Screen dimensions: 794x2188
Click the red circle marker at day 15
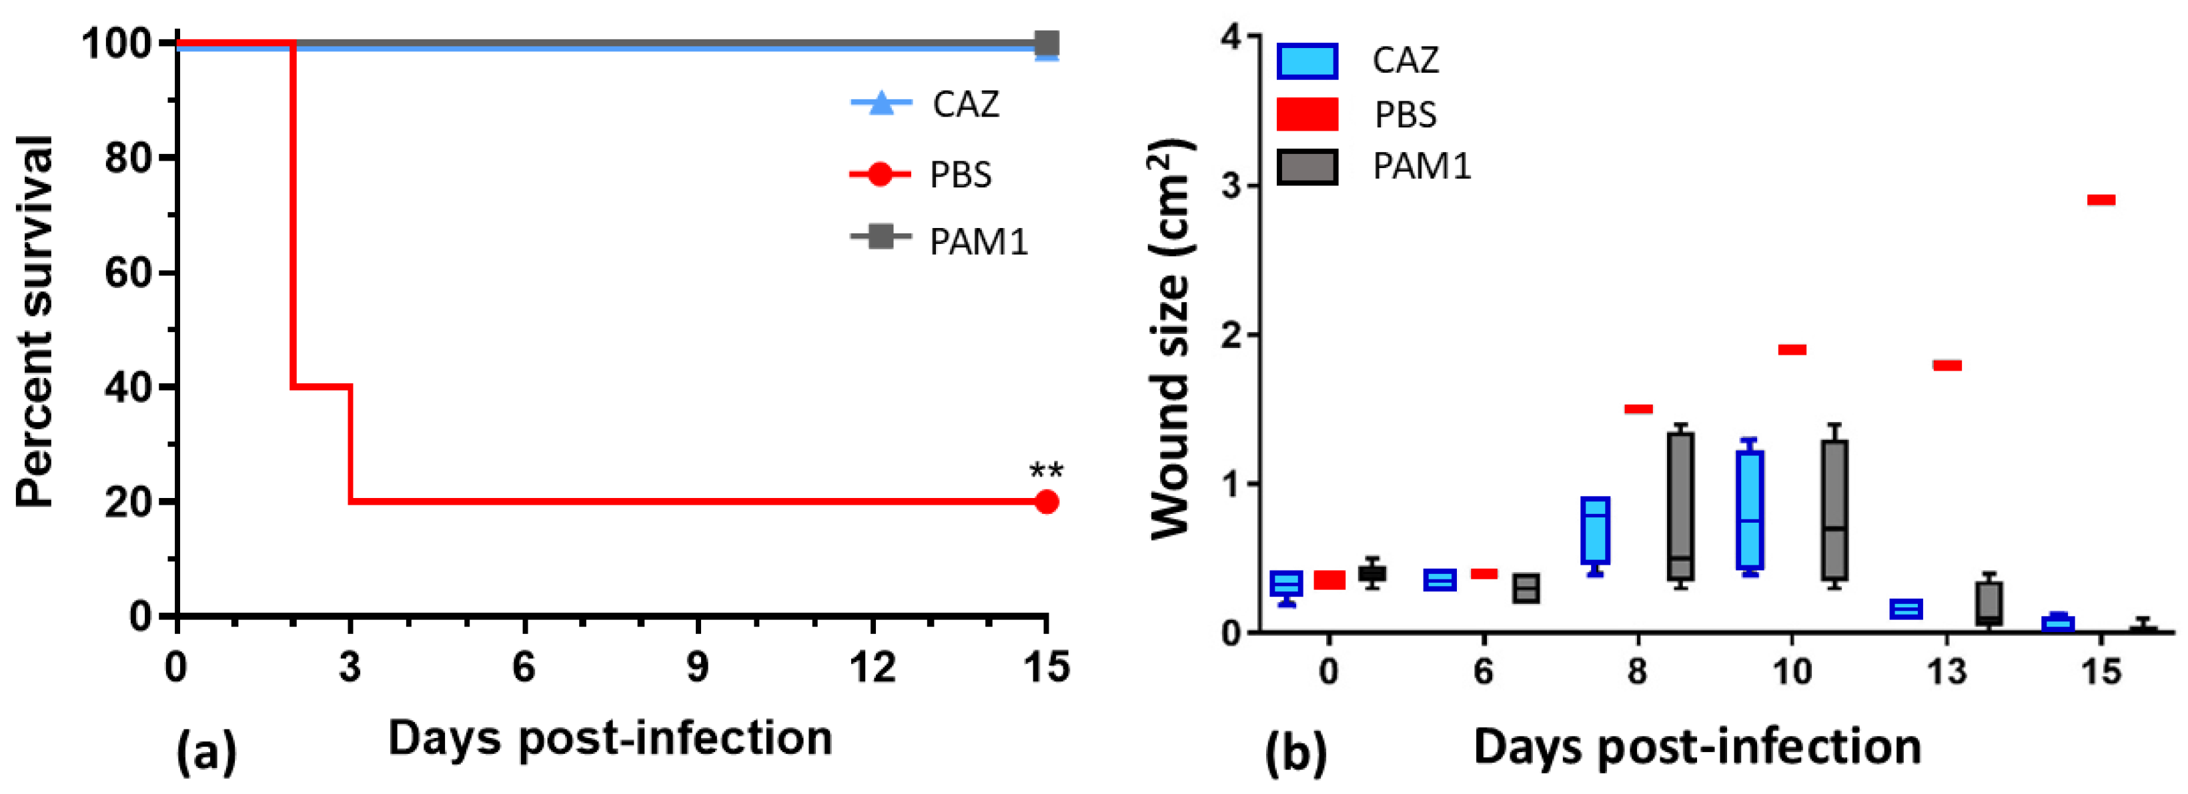[1047, 502]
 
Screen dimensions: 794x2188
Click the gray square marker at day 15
[1047, 43]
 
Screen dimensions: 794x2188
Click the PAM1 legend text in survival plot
[979, 242]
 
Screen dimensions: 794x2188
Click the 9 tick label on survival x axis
[697, 667]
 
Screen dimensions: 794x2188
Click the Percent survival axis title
[35, 323]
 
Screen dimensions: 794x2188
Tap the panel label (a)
[206, 751]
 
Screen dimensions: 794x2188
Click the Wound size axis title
[1171, 340]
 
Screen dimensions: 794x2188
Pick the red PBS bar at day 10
[1792, 350]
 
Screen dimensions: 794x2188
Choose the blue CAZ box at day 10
[1750, 509]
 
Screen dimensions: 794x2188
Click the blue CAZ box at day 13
[1906, 609]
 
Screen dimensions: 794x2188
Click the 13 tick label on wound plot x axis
[1946, 673]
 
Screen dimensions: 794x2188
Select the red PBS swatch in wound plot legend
[1307, 114]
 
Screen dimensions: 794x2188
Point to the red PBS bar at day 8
[1638, 409]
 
